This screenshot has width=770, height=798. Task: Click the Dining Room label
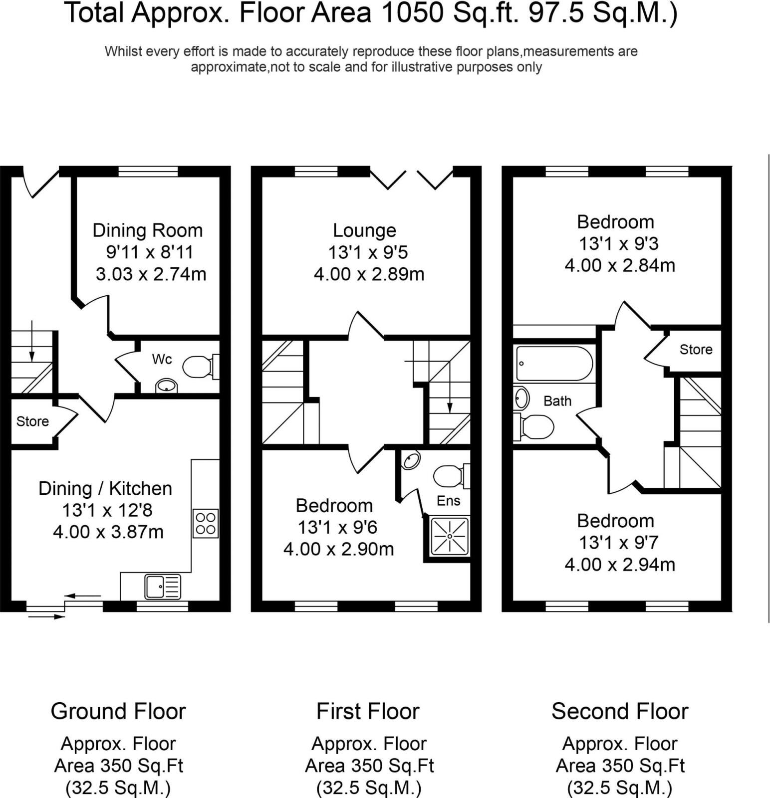coord(148,230)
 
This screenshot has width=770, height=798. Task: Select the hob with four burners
coord(206,523)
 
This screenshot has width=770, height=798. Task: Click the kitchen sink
coord(163,587)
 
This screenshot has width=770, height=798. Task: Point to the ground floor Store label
coord(32,421)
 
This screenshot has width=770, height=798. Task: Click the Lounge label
coord(364,230)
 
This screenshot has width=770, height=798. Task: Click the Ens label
coord(448,500)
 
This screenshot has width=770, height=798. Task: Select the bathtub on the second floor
coord(554,364)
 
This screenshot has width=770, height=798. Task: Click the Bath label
coord(557,401)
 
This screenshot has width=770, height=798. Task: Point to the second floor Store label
coord(696,350)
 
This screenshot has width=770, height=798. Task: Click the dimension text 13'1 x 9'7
coord(619,543)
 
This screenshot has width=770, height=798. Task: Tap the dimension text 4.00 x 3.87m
coord(108,532)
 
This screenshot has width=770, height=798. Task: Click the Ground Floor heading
coord(118,711)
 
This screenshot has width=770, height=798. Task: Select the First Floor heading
coord(368,711)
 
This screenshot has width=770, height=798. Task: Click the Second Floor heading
coord(620,711)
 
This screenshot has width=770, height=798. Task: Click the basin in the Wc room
coord(166,386)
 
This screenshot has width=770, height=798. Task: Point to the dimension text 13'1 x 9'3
coord(619,244)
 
